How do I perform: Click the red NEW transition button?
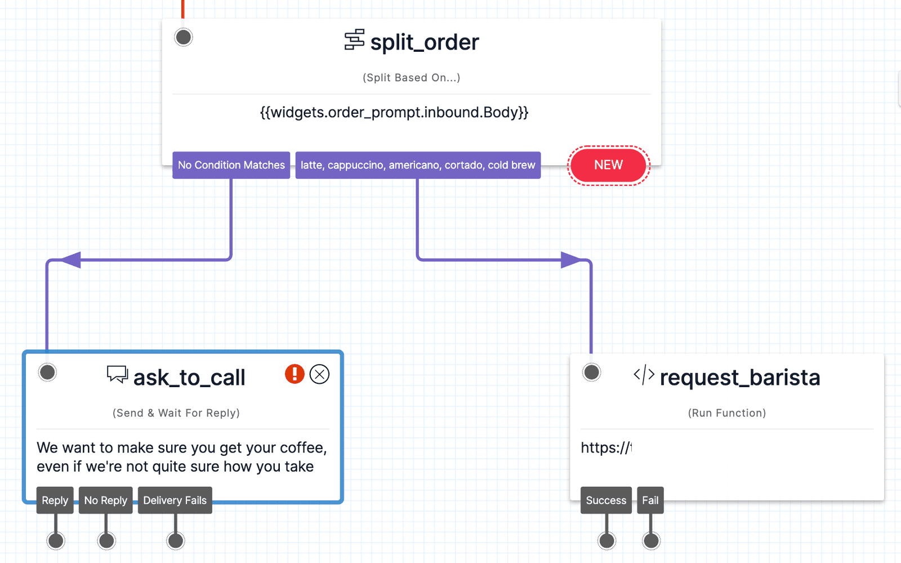608,165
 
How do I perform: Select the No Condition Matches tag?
231,165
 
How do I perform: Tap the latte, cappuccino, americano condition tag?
417,165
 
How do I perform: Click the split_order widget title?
424,42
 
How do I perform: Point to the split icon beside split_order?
354,40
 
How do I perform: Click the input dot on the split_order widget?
183,37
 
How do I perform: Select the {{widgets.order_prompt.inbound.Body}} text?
394,112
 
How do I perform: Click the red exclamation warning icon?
295,374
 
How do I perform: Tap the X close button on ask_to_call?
319,374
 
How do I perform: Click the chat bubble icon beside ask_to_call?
117,374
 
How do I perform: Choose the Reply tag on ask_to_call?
55,500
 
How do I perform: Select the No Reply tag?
105,500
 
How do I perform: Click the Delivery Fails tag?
175,500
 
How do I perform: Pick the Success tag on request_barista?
606,500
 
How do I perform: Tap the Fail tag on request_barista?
650,500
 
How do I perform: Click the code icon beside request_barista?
644,375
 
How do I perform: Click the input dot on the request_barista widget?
591,372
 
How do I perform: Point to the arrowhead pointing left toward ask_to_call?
70,260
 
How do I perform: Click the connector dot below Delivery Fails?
176,541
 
